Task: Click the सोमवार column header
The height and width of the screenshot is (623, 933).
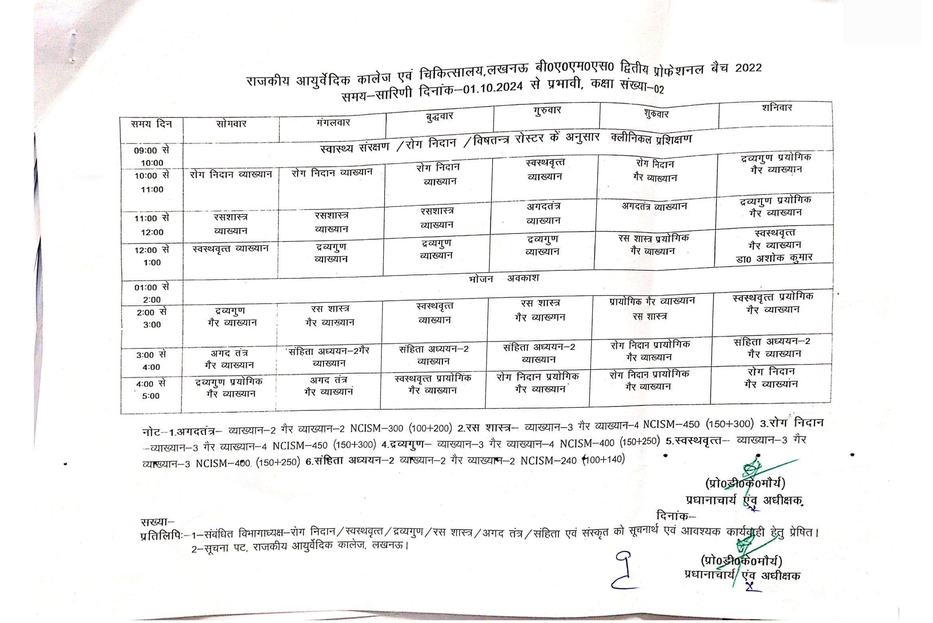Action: pos(231,124)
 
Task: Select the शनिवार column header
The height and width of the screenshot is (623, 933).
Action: pos(776,108)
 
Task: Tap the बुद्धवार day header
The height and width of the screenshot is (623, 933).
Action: pos(439,116)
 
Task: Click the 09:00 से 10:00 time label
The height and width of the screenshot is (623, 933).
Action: pos(152,156)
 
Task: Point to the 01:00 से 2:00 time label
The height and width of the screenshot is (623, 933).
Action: pos(152,293)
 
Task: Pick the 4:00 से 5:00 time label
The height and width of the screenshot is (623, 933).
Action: pos(150,390)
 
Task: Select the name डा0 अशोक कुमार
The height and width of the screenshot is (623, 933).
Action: pos(774,258)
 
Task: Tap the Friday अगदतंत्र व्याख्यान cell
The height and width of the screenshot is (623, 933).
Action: pos(654,206)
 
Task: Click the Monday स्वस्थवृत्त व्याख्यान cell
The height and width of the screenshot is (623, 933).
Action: pos(230,249)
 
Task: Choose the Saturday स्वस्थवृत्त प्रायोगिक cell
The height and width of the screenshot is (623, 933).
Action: pos(773,303)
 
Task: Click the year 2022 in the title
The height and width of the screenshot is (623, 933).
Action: pos(748,68)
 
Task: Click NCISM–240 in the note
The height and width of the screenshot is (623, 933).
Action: pos(548,461)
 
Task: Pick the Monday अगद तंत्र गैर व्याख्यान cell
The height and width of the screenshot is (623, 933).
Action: pos(229,359)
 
